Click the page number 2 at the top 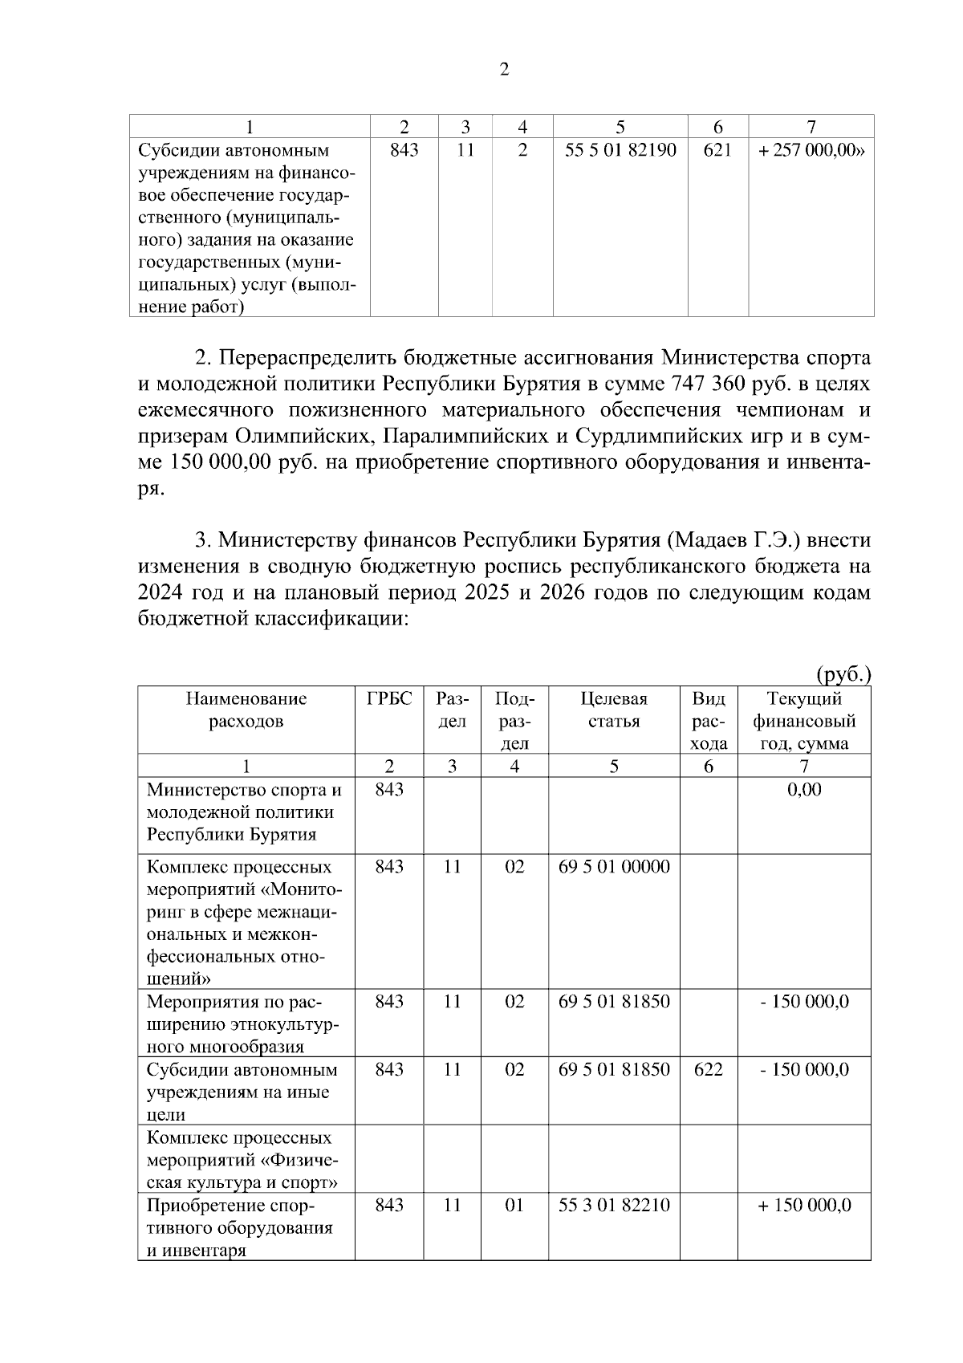tap(504, 70)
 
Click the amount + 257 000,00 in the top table tap(811, 150)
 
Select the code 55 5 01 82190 tap(620, 150)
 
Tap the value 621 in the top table tap(717, 150)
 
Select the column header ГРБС tap(389, 698)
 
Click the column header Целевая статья tap(614, 710)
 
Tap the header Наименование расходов tap(246, 710)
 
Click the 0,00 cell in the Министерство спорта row tap(804, 790)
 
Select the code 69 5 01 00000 tap(614, 867)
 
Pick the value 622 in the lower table tap(708, 1070)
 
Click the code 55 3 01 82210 tap(614, 1206)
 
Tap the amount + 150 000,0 tap(804, 1206)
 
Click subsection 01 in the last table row tap(514, 1206)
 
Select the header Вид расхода tap(708, 721)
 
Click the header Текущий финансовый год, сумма tap(804, 721)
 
